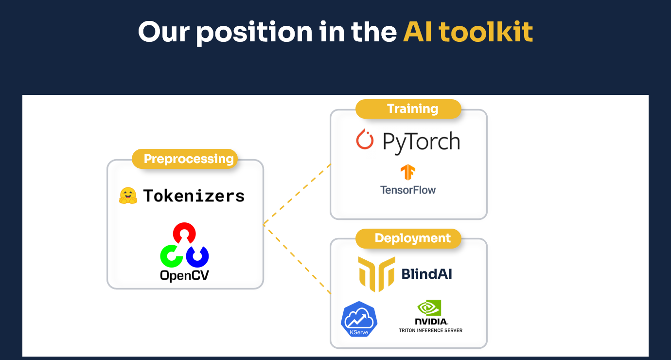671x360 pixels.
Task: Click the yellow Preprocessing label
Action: pos(189,159)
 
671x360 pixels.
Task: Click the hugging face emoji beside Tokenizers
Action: pos(128,196)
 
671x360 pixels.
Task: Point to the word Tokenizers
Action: pos(194,196)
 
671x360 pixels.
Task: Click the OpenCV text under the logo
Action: pos(184,275)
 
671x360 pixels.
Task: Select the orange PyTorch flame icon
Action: pos(365,140)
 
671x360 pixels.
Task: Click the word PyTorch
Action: pos(421,141)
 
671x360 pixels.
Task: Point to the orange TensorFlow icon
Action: pos(407,173)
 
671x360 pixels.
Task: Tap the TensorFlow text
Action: pos(408,190)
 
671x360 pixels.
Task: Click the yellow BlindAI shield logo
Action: pos(376,273)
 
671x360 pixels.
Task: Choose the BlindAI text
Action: pos(426,274)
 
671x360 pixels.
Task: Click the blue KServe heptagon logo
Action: pos(359,319)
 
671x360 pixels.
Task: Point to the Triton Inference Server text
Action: pos(430,330)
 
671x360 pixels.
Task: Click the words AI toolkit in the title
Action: pos(468,32)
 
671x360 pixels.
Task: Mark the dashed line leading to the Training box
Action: pos(297,194)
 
